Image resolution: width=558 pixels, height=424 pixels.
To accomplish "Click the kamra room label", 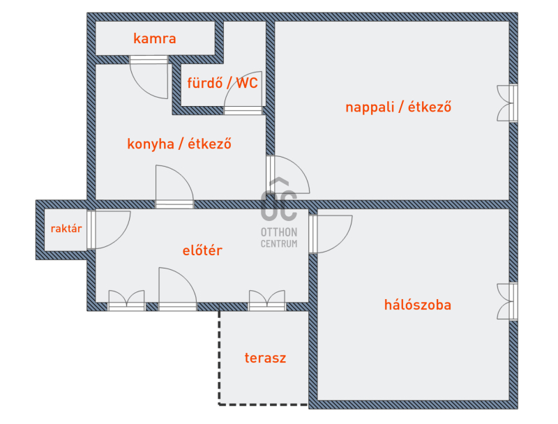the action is coord(154,38).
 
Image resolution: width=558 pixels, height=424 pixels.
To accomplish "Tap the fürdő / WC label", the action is coord(223,83).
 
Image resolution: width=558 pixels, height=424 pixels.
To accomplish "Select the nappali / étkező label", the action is coord(398,107).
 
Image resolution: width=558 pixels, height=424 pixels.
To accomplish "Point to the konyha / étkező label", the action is coord(179,144).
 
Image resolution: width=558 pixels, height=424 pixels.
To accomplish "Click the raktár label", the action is coord(66,228).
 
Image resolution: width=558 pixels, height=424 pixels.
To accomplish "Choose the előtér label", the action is coord(202,250).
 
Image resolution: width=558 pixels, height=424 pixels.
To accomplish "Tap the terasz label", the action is coord(265,358).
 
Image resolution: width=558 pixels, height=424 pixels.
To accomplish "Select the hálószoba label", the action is coord(417,305).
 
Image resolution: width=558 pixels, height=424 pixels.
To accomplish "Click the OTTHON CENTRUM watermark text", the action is coord(279,238).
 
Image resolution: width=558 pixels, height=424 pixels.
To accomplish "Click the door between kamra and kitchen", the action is coord(149,77).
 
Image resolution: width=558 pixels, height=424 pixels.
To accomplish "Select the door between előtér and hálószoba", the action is coord(331,234).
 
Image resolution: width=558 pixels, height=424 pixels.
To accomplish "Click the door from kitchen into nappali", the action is coord(288,174).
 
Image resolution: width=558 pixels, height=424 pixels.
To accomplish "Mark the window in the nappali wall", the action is coord(508,103).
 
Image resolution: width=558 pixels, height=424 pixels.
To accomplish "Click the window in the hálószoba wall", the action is coord(508,302).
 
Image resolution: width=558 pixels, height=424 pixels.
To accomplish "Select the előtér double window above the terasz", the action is coord(267,301).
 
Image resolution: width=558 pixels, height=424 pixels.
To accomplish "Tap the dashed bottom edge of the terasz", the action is coord(264,404).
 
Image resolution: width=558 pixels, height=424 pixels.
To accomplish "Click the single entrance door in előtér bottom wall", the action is coord(178,289).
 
